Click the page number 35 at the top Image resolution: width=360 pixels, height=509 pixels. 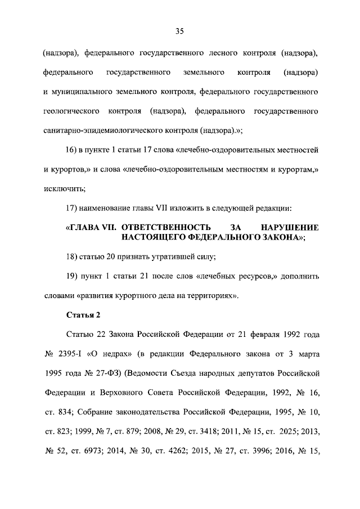pos(179,31)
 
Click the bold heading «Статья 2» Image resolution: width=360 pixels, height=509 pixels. pos(83,314)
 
